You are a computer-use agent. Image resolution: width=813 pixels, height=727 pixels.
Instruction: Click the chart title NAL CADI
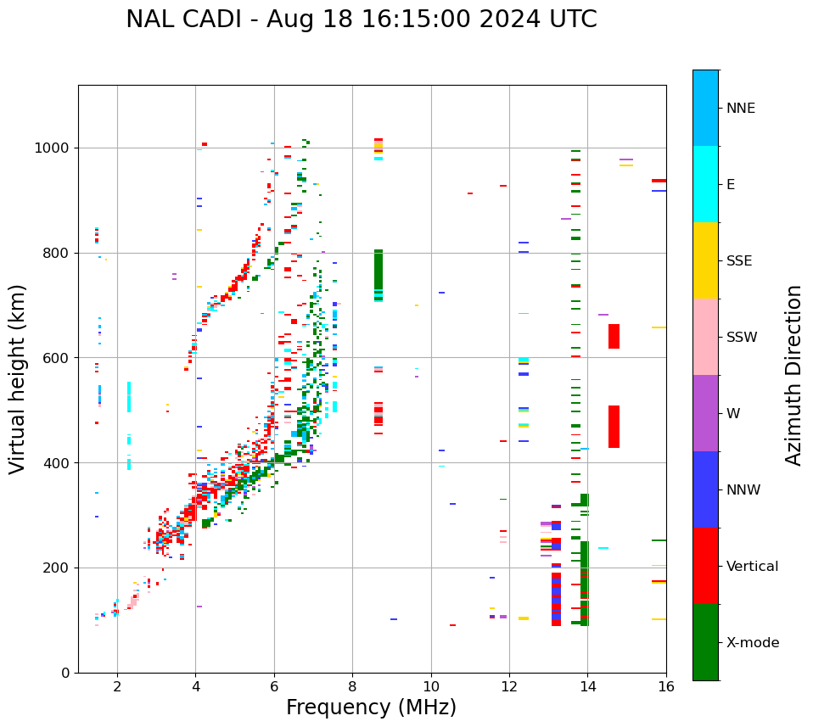point(361,20)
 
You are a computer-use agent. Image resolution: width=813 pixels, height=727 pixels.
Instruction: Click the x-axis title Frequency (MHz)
point(371,707)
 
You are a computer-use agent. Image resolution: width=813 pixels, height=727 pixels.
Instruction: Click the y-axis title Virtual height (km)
point(18,378)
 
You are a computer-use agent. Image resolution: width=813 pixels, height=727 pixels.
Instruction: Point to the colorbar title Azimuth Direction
point(793,375)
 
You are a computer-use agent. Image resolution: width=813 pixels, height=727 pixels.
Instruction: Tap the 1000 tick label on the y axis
point(52,148)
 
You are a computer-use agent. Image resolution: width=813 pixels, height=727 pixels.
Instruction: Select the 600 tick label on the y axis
point(56,358)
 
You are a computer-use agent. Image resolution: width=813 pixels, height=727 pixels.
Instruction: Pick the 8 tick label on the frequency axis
point(352,686)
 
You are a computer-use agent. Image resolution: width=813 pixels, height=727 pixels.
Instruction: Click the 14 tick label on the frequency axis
point(587,686)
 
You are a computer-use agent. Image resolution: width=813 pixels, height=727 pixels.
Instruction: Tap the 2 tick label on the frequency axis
point(117,686)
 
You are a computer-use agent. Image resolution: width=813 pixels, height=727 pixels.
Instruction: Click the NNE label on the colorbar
point(740,109)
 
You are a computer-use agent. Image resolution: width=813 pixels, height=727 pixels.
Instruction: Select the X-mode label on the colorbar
point(752,643)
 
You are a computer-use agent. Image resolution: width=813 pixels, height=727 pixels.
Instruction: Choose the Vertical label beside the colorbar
point(752,567)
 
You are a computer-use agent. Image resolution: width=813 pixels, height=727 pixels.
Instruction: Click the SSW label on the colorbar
point(741,338)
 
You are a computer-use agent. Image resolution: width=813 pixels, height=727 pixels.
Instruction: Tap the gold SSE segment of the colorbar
point(705,260)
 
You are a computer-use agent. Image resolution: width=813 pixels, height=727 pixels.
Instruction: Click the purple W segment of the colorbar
point(705,413)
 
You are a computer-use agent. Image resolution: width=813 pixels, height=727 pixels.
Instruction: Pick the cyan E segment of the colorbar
point(705,184)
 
